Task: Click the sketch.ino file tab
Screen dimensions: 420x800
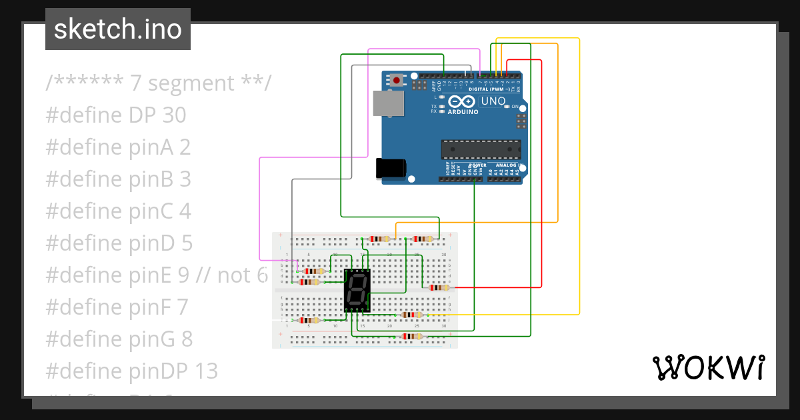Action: pyautogui.click(x=117, y=29)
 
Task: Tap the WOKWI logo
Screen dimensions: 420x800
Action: pyautogui.click(x=707, y=367)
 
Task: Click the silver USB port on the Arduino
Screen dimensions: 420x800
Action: pyautogui.click(x=388, y=104)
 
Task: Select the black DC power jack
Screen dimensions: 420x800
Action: pyautogui.click(x=391, y=168)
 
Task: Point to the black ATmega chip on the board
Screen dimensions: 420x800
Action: pyautogui.click(x=481, y=150)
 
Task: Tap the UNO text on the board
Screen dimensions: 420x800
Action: pyautogui.click(x=493, y=101)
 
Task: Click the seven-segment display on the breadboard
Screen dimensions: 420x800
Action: pyautogui.click(x=357, y=290)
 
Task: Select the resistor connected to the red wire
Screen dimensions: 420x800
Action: pyautogui.click(x=439, y=287)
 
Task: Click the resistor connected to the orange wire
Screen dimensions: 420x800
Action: pyautogui.click(x=379, y=239)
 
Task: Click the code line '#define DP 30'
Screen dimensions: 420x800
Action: pyautogui.click(x=116, y=115)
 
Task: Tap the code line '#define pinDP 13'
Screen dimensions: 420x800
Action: pyautogui.click(x=131, y=370)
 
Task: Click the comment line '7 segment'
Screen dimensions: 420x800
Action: pyautogui.click(x=159, y=83)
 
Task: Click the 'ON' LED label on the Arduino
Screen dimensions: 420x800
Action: pyautogui.click(x=514, y=107)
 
